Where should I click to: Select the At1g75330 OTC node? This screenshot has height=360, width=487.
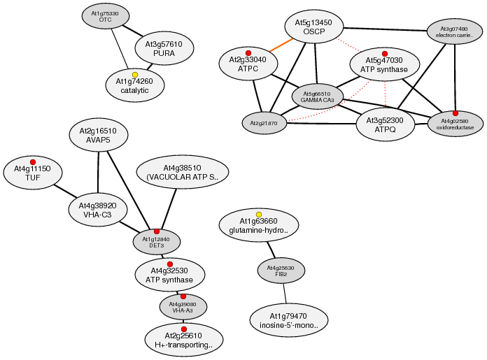(105, 16)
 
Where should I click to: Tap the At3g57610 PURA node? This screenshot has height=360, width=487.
(164, 48)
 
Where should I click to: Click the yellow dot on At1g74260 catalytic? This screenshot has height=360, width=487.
(135, 75)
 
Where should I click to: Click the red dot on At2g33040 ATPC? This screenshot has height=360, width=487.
(248, 53)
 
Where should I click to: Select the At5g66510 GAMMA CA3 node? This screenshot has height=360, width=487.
(318, 96)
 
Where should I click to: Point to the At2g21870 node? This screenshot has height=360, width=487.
(264, 123)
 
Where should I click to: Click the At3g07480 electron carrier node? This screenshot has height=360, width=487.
(456, 31)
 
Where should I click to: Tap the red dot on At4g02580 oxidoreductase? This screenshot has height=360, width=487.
(456, 113)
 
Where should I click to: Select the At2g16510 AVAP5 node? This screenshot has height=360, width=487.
(98, 135)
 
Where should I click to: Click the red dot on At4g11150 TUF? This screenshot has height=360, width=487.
(33, 161)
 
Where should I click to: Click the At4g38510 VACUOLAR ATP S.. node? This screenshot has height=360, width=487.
(183, 173)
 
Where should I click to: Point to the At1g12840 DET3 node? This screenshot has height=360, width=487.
(157, 242)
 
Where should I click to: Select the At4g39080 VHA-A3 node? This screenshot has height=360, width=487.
(183, 307)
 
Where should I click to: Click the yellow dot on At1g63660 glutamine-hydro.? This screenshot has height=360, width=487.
(259, 214)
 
